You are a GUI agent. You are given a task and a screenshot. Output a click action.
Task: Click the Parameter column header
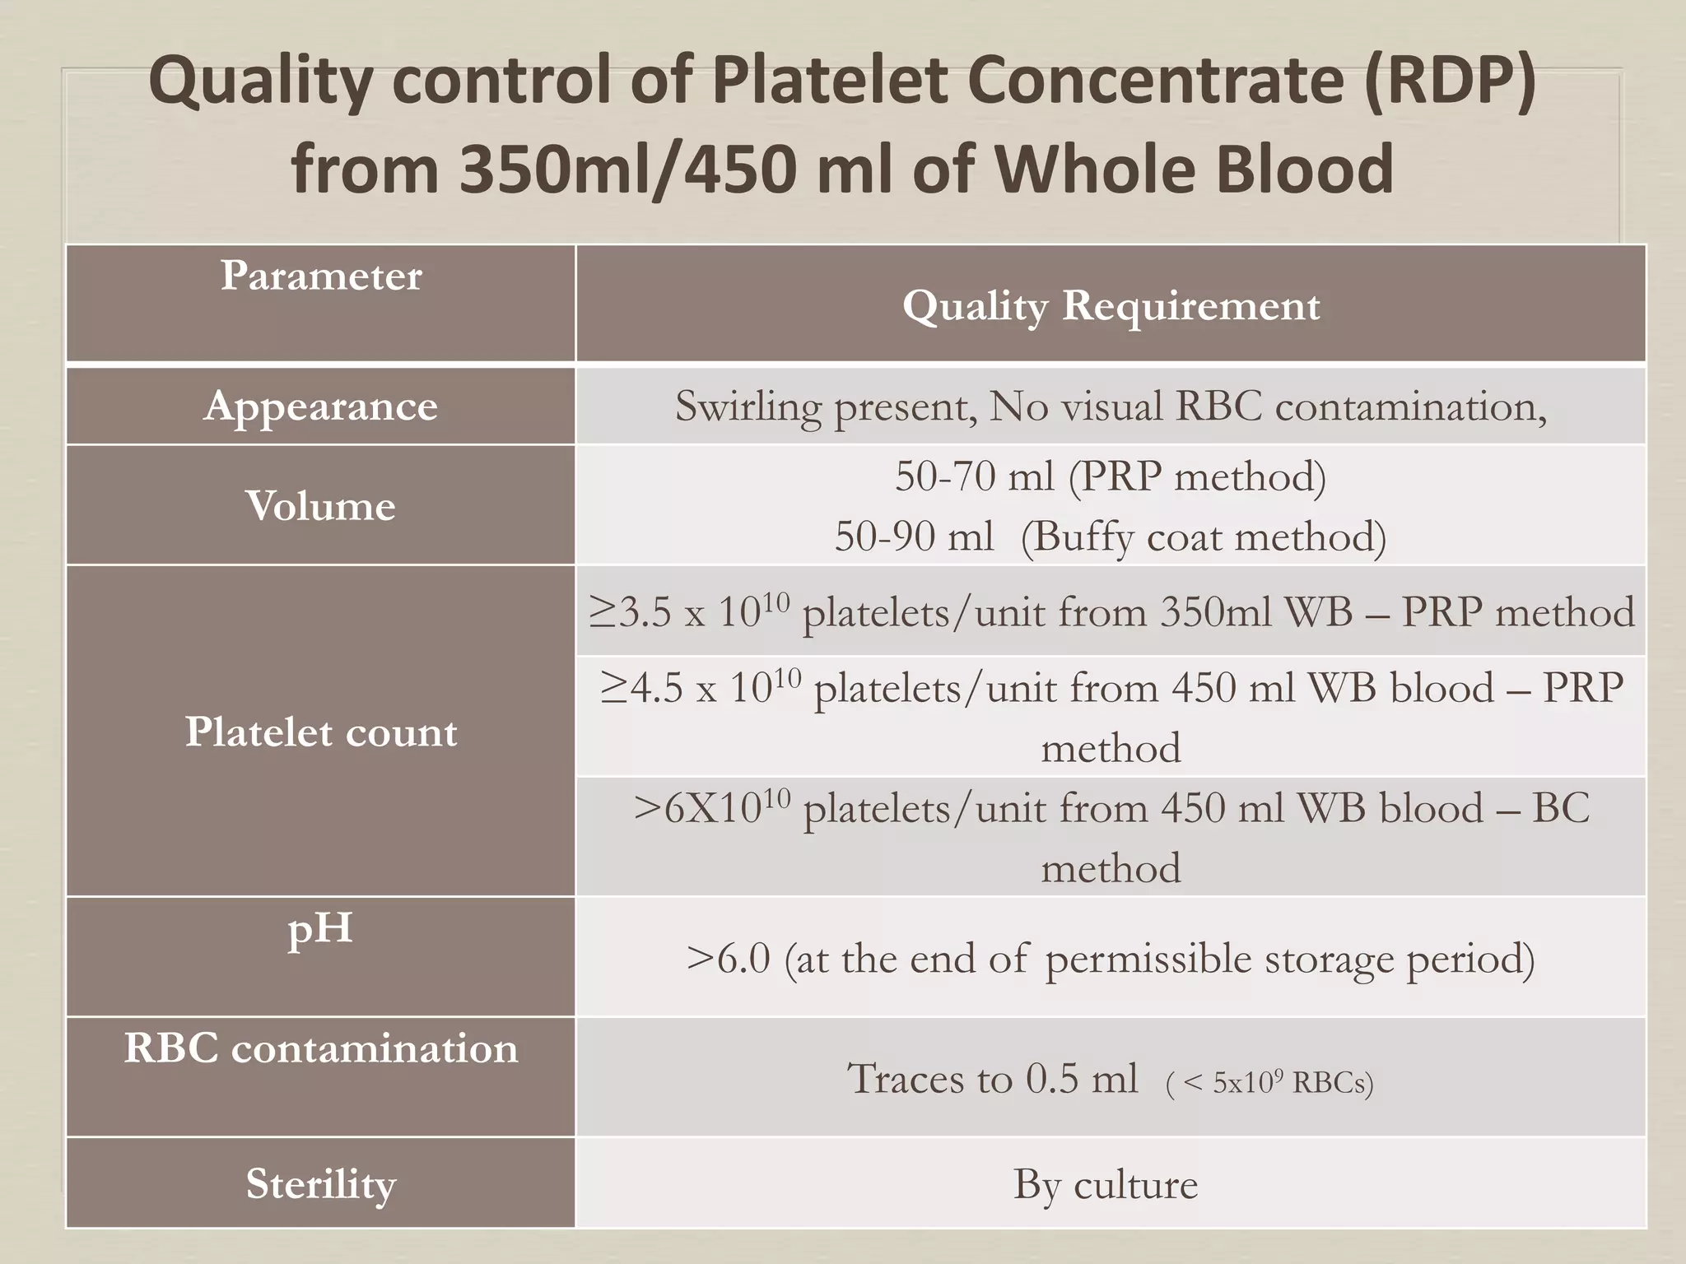pos(320,276)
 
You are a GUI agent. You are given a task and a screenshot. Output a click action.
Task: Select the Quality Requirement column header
pos(1111,306)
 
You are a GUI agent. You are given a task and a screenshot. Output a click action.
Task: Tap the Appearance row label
pos(320,406)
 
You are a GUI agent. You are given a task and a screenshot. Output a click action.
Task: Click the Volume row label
pos(320,505)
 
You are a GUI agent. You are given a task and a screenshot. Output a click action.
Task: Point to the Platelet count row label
pos(320,732)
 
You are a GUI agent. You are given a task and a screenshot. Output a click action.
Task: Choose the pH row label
pos(320,928)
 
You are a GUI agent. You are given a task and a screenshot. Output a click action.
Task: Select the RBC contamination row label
pos(320,1048)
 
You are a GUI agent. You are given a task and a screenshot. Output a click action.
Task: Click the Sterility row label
pos(320,1184)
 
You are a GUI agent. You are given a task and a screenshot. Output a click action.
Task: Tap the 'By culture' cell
pos(1105,1184)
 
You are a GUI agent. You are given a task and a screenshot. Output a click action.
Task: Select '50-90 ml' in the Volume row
pos(914,537)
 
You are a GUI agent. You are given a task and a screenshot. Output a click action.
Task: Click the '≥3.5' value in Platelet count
pos(631,612)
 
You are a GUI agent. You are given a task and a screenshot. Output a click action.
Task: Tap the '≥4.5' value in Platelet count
pos(641,688)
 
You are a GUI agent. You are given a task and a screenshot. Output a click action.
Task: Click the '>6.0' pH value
pos(729,959)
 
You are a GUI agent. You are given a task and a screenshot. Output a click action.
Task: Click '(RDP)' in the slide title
pos(1448,83)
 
